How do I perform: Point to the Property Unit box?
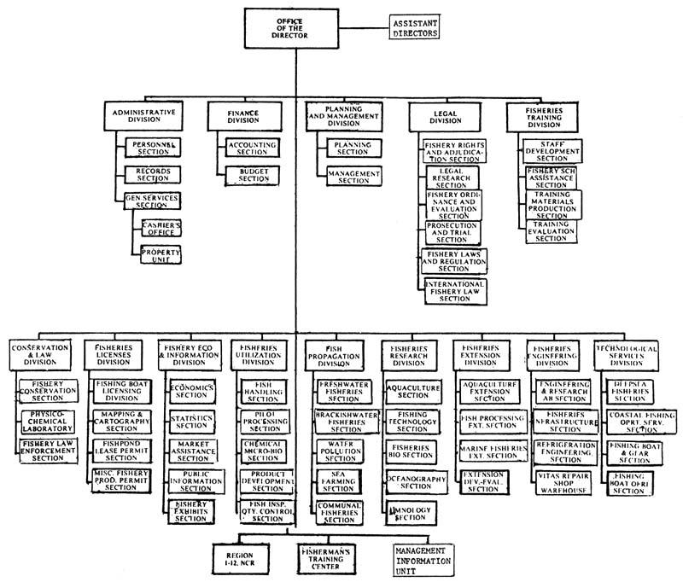(162, 254)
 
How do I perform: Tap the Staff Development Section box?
(552, 152)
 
